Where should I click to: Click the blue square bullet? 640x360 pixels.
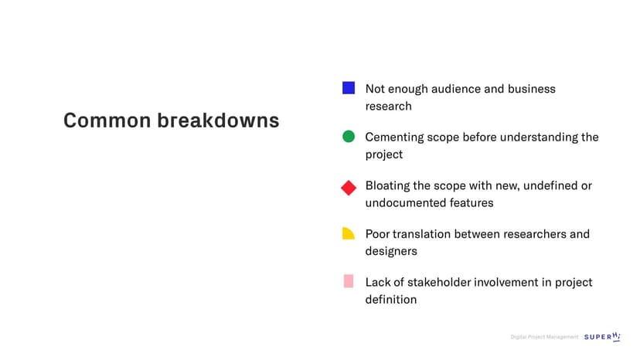click(x=349, y=88)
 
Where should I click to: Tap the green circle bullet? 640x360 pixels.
click(x=349, y=136)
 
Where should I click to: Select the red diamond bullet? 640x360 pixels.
click(x=349, y=188)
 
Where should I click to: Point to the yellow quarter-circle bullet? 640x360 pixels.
click(x=348, y=233)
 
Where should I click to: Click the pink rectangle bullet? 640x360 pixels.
click(x=349, y=281)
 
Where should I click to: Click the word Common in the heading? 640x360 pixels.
click(x=107, y=121)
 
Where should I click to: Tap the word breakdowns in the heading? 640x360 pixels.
click(x=219, y=121)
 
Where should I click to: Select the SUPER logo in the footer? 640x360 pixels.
click(x=602, y=337)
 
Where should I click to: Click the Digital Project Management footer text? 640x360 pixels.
click(x=544, y=337)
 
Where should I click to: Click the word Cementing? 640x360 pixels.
click(x=395, y=138)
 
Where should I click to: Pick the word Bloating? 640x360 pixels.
click(x=387, y=185)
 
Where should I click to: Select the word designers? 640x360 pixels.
click(x=391, y=251)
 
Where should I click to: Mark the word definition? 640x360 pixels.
click(x=391, y=300)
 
